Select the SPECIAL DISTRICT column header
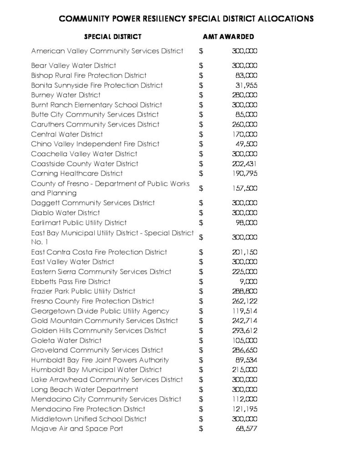coord(112,36)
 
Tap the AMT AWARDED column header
coord(228,36)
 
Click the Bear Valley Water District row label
coord(73,66)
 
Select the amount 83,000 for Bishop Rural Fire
coord(247,76)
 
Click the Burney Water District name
coord(66,95)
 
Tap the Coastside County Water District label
coord(85,163)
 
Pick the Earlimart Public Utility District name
coord(79,223)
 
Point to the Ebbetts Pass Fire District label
coord(71,282)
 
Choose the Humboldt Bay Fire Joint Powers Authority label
coord(100,360)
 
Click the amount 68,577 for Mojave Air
coord(245,429)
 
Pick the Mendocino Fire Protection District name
coord(88,409)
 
